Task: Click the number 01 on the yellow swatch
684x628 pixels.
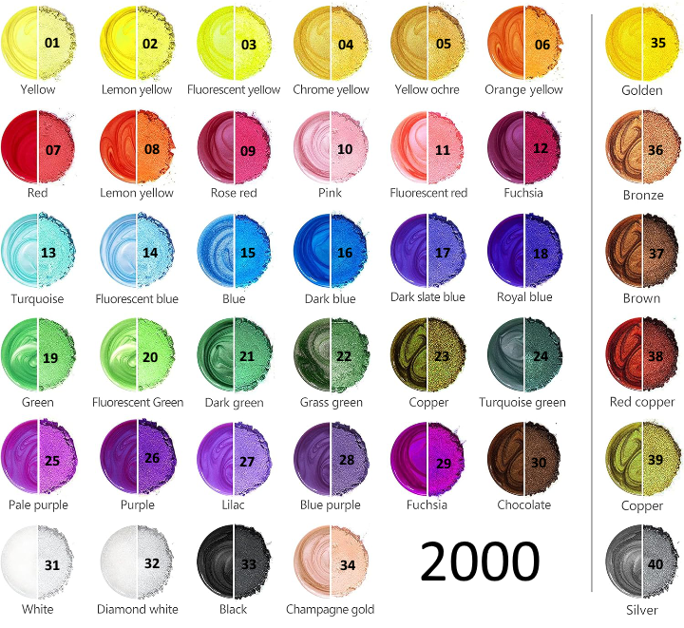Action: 52,43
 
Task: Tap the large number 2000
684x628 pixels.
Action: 480,562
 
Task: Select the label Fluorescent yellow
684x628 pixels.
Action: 234,89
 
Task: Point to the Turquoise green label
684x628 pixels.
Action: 522,402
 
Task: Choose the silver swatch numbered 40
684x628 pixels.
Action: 642,563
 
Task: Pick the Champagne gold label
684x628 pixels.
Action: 330,609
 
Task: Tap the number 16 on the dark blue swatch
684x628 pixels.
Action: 345,253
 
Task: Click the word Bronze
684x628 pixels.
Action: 642,195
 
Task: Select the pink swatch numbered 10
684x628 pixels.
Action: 330,148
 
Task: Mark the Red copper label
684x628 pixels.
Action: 642,402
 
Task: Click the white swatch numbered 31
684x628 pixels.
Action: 37,562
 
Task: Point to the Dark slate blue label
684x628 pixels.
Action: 427,296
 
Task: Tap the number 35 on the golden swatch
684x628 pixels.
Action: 657,44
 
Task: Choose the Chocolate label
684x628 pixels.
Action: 523,504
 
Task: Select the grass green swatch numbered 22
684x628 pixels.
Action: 330,355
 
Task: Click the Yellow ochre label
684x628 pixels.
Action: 427,89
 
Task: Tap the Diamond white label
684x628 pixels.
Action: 138,609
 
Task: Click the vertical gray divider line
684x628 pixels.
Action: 592,304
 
